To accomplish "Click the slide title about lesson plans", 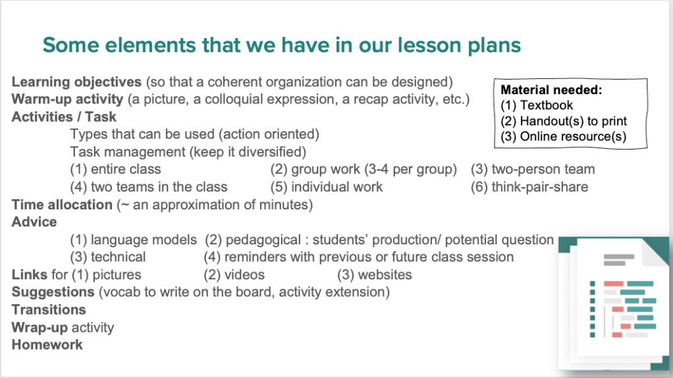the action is coord(282,45).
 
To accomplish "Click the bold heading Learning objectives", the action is coord(76,82).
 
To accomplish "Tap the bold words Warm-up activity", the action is coord(67,99).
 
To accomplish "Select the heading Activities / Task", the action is coord(64,117).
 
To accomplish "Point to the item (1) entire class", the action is coord(115,169).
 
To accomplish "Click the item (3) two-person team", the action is coord(533,169).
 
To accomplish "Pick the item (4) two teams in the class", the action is coord(149,187).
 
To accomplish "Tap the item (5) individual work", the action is coord(326,187).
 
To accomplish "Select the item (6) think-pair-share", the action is coord(529,187).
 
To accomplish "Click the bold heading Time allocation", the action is coord(62,205).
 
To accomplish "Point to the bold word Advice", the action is coord(34,222).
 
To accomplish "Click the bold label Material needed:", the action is coord(552,90).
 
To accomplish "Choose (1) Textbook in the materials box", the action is coord(537,105).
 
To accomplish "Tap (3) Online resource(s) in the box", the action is coord(564,137).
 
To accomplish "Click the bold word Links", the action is coord(30,275).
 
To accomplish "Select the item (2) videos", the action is coord(234,275).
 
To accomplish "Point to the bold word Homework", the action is coord(47,344).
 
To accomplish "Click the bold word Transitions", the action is coord(49,310).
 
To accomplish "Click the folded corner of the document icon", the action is coord(655,252).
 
